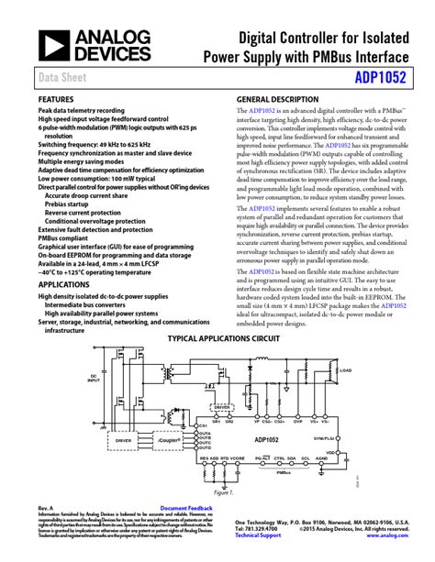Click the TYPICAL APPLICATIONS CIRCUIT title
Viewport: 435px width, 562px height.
click(x=217, y=337)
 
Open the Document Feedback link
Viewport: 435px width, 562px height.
click(x=186, y=507)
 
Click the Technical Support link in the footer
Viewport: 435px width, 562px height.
click(x=258, y=534)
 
